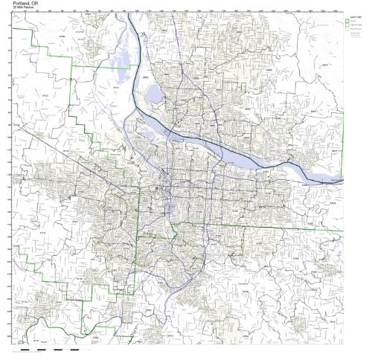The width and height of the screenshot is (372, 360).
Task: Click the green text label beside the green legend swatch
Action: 356,20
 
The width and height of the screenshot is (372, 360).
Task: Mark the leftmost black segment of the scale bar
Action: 25,350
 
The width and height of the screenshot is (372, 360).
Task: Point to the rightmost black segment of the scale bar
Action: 74,350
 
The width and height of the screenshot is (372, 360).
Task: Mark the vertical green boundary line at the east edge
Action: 343,141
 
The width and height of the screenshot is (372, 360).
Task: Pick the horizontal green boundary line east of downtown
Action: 260,224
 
